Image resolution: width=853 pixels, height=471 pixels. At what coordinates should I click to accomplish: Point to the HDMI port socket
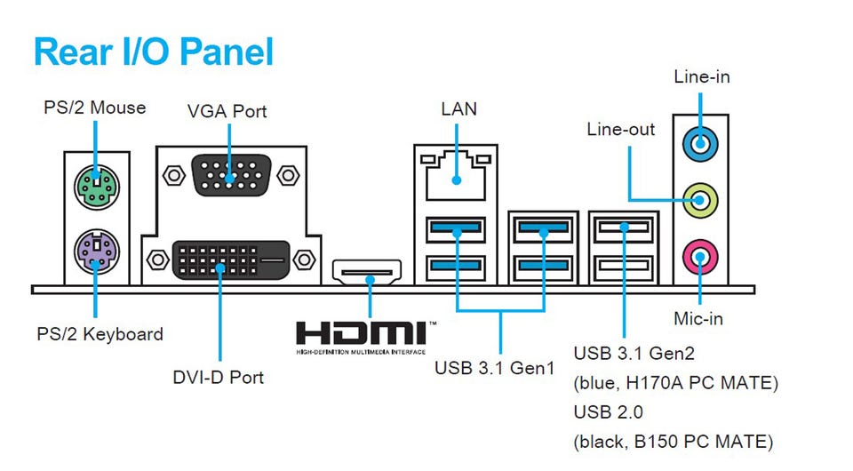pos(367,271)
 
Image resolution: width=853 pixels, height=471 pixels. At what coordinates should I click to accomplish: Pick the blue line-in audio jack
pos(701,142)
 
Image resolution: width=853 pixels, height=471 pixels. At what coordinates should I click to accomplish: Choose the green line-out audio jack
pos(701,198)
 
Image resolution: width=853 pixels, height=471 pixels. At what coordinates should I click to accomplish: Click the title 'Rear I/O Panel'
pos(153,52)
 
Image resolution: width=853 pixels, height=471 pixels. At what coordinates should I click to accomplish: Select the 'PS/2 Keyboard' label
pos(100,335)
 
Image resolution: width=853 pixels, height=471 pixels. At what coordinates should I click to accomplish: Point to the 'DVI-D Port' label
pos(219,377)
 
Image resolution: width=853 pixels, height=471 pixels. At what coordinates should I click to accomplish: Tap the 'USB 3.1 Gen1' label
pos(494,368)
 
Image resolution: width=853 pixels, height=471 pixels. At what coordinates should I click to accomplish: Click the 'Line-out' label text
pos(621,130)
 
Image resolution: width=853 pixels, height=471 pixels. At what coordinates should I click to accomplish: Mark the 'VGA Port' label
pos(227,112)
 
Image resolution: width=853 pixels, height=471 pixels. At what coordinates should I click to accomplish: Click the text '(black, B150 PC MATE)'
pos(674,442)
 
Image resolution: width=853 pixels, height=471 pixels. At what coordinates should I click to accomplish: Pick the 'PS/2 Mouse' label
pos(95,108)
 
